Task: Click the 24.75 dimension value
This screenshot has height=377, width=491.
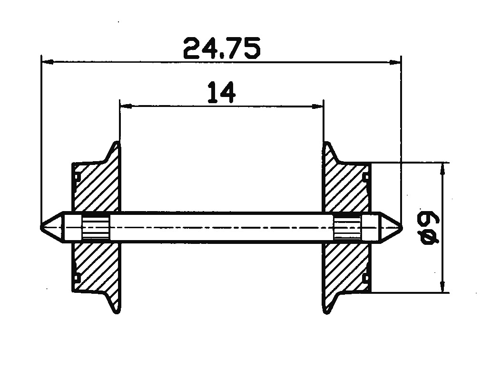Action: tap(222, 48)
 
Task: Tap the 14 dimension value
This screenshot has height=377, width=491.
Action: tap(221, 92)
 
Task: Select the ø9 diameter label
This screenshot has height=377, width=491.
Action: tap(430, 228)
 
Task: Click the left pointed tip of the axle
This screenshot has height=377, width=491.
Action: tap(41, 227)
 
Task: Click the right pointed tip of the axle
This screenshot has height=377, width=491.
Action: tap(402, 227)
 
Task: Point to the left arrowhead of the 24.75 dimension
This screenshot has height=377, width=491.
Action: tap(47, 62)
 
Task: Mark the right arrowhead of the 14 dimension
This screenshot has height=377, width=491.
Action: tap(317, 106)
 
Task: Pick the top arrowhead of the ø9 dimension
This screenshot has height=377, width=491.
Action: tap(442, 169)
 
